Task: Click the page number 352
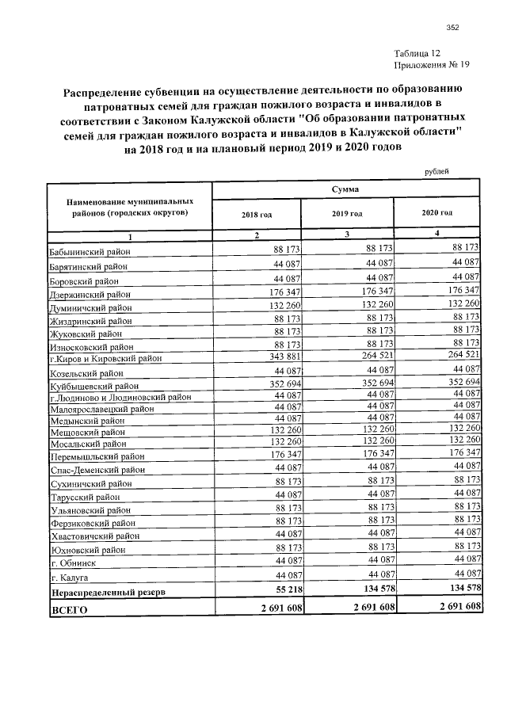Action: pyautogui.click(x=452, y=28)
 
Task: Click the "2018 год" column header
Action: pyautogui.click(x=257, y=214)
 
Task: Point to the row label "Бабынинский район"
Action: pyautogui.click(x=90, y=251)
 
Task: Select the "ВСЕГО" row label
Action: pyautogui.click(x=69, y=610)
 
